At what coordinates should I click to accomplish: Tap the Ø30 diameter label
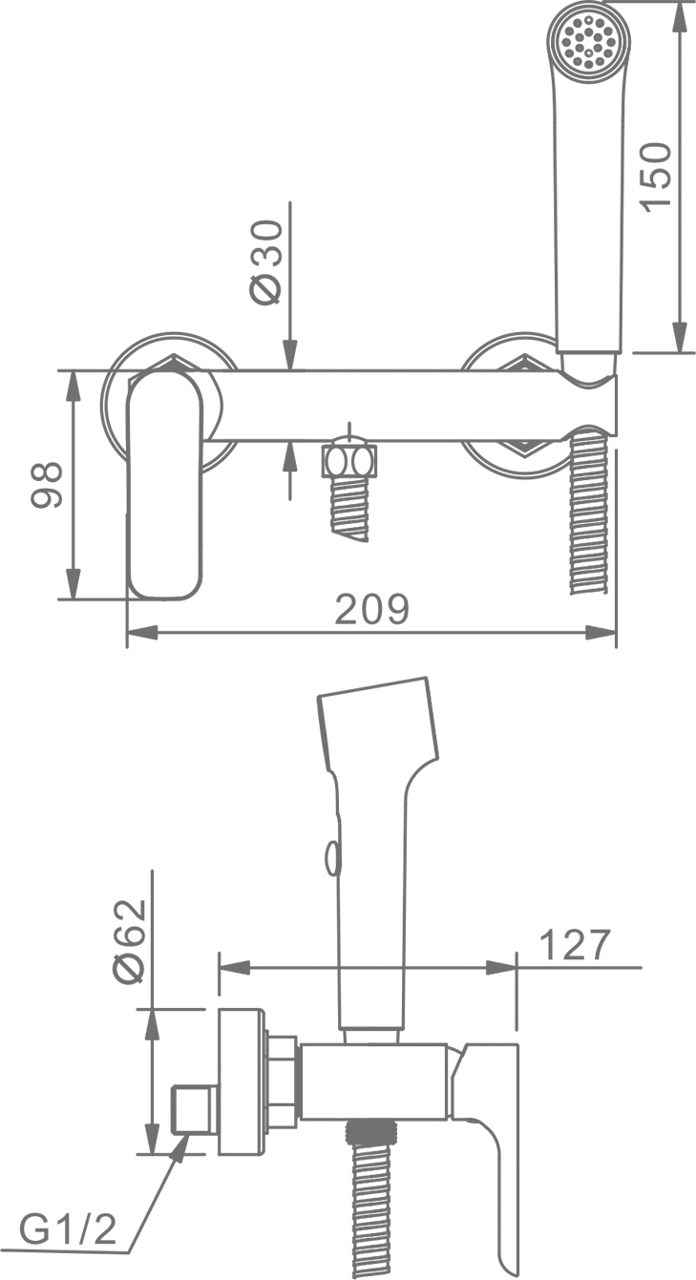(x=266, y=262)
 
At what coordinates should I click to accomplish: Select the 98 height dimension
(x=46, y=485)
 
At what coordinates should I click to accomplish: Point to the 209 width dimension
(x=372, y=609)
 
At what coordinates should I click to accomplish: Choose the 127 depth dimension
(x=575, y=945)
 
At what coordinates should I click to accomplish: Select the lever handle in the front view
(x=165, y=485)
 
